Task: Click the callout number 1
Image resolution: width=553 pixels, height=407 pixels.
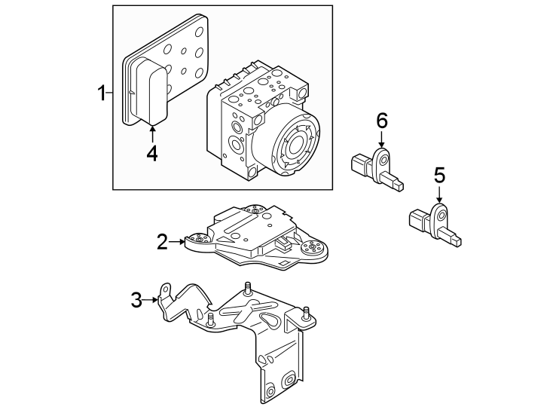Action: tap(100, 94)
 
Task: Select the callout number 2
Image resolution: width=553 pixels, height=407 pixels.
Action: tap(162, 242)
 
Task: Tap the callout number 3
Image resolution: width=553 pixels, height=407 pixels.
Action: tap(136, 300)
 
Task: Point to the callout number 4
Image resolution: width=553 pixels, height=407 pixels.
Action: tap(152, 152)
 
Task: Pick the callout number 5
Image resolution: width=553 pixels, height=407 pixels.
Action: tap(439, 176)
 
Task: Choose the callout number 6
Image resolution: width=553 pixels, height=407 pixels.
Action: tap(381, 120)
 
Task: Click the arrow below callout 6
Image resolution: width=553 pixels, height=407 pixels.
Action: tap(381, 139)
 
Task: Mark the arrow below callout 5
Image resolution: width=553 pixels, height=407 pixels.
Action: tap(439, 196)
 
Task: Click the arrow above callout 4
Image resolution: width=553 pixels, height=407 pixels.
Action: tap(152, 133)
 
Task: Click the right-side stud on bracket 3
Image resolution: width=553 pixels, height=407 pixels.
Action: tap(306, 314)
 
